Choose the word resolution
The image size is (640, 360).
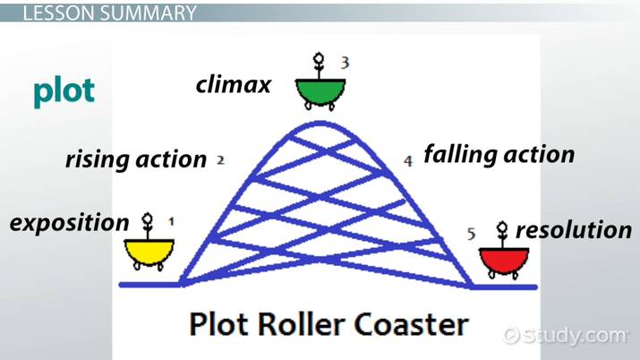tap(574, 230)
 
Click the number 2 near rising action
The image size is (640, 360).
tap(219, 161)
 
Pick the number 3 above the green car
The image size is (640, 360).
tap(345, 62)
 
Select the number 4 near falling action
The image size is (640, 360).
tap(408, 161)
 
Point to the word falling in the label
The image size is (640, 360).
tap(460, 154)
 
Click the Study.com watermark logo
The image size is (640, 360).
tap(566, 335)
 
